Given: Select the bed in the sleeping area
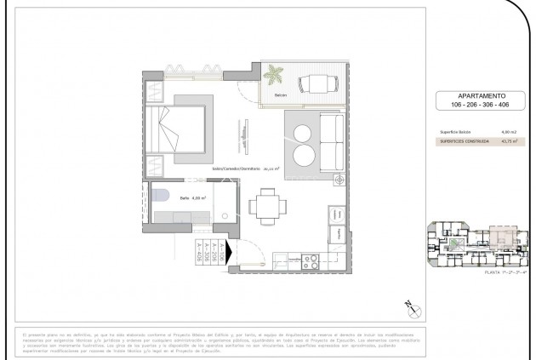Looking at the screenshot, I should (174, 135).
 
